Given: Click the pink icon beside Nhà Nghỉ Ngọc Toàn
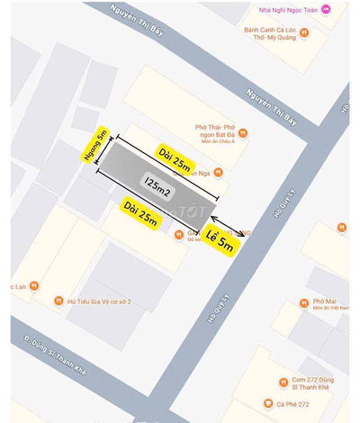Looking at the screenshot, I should [326, 9].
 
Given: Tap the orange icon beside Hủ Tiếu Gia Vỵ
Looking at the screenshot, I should [58, 301].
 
